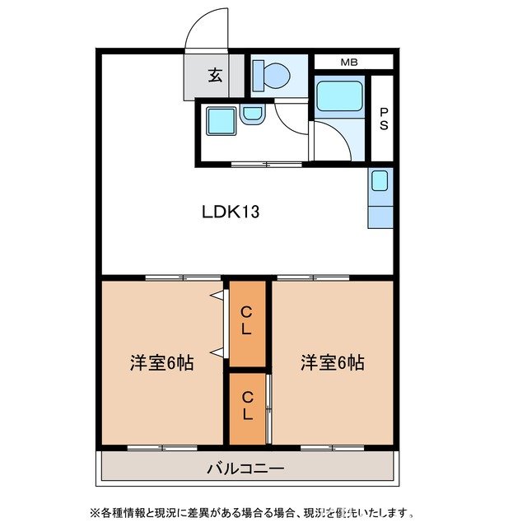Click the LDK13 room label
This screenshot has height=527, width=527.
point(231,212)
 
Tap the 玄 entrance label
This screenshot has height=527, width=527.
point(215,76)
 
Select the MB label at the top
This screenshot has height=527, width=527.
point(350,62)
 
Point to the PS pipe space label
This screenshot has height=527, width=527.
point(383,119)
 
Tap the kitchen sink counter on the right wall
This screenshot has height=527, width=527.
point(380,198)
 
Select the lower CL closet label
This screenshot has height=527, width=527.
point(248,405)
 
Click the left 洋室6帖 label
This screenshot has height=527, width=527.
point(161,362)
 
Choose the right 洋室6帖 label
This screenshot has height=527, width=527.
point(332,362)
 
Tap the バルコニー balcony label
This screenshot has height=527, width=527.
point(245,469)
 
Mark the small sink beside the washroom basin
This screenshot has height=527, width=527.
point(252,116)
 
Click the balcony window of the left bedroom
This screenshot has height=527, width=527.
point(161,447)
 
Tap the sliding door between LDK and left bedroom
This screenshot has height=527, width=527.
point(178,277)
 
